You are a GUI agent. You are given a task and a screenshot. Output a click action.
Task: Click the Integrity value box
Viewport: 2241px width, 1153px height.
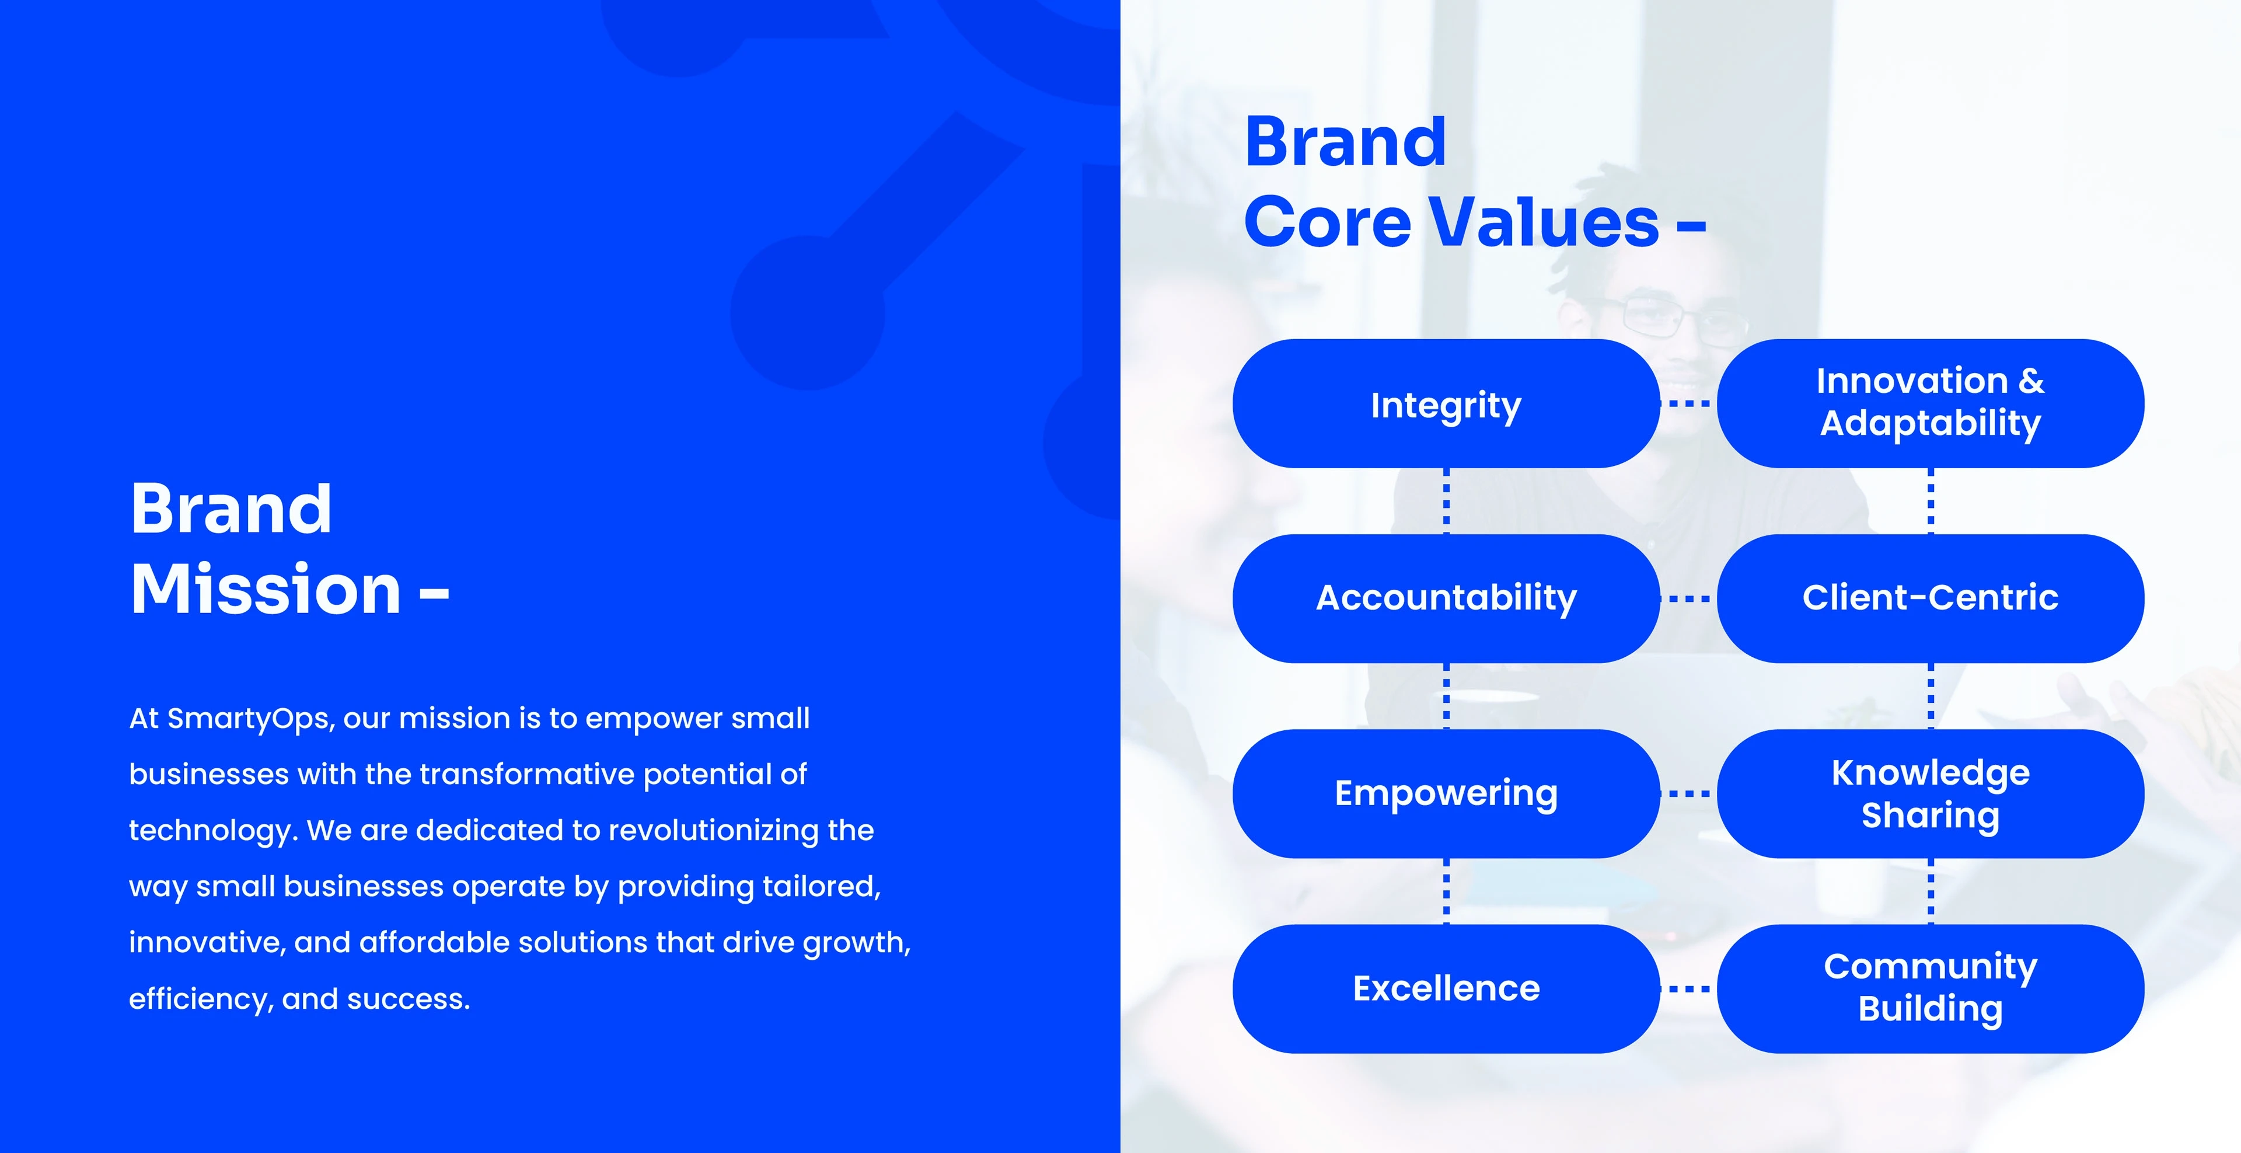(x=1446, y=404)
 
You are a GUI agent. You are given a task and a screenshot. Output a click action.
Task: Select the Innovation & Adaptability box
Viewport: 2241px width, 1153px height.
(x=1931, y=404)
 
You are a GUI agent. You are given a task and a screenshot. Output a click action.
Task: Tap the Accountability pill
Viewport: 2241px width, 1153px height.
(x=1446, y=599)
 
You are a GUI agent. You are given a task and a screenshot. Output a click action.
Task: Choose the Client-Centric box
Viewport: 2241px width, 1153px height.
(x=1931, y=599)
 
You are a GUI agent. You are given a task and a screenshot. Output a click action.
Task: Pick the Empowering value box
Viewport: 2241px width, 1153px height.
(x=1446, y=793)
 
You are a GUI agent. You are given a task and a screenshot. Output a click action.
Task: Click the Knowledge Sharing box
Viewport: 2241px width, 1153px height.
(x=1931, y=793)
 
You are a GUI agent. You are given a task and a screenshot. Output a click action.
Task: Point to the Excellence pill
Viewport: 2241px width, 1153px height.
(x=1446, y=988)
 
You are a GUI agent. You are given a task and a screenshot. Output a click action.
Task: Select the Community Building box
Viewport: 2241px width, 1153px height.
(x=1931, y=988)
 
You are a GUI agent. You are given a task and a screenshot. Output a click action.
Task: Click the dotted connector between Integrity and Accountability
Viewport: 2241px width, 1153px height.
(x=1447, y=501)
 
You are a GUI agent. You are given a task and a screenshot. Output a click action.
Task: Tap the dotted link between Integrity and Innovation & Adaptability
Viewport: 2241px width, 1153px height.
(x=1688, y=404)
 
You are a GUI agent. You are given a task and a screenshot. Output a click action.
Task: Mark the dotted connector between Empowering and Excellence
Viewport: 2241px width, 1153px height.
(x=1447, y=891)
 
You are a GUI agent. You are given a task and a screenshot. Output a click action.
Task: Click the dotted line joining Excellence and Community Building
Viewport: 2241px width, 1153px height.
(x=1688, y=988)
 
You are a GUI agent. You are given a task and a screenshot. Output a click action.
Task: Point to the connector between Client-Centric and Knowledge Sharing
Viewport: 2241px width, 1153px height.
(x=1931, y=696)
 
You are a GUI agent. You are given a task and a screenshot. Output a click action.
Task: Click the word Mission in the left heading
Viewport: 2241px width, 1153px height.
(x=266, y=589)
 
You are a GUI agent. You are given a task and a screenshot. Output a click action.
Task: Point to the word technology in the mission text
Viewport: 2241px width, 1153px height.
(x=213, y=831)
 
